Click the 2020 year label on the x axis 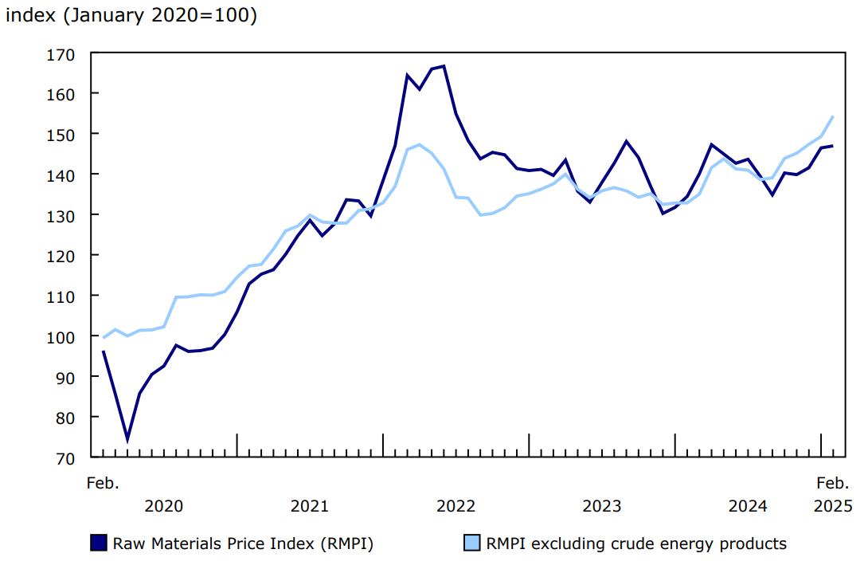click(x=164, y=506)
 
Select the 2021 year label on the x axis click(x=310, y=506)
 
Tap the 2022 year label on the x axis click(x=456, y=506)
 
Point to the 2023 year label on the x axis click(x=602, y=506)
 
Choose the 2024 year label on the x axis click(x=748, y=506)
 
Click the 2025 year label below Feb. click(x=833, y=506)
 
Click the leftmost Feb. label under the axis click(x=103, y=483)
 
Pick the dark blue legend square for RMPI click(x=99, y=543)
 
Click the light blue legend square click(x=472, y=543)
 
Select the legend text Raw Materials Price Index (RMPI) click(x=243, y=544)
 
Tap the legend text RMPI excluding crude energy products click(x=636, y=544)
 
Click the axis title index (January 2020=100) click(x=131, y=16)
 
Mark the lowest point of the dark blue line click(x=127, y=439)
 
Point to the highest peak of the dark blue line click(x=444, y=66)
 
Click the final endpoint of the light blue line click(x=833, y=116)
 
